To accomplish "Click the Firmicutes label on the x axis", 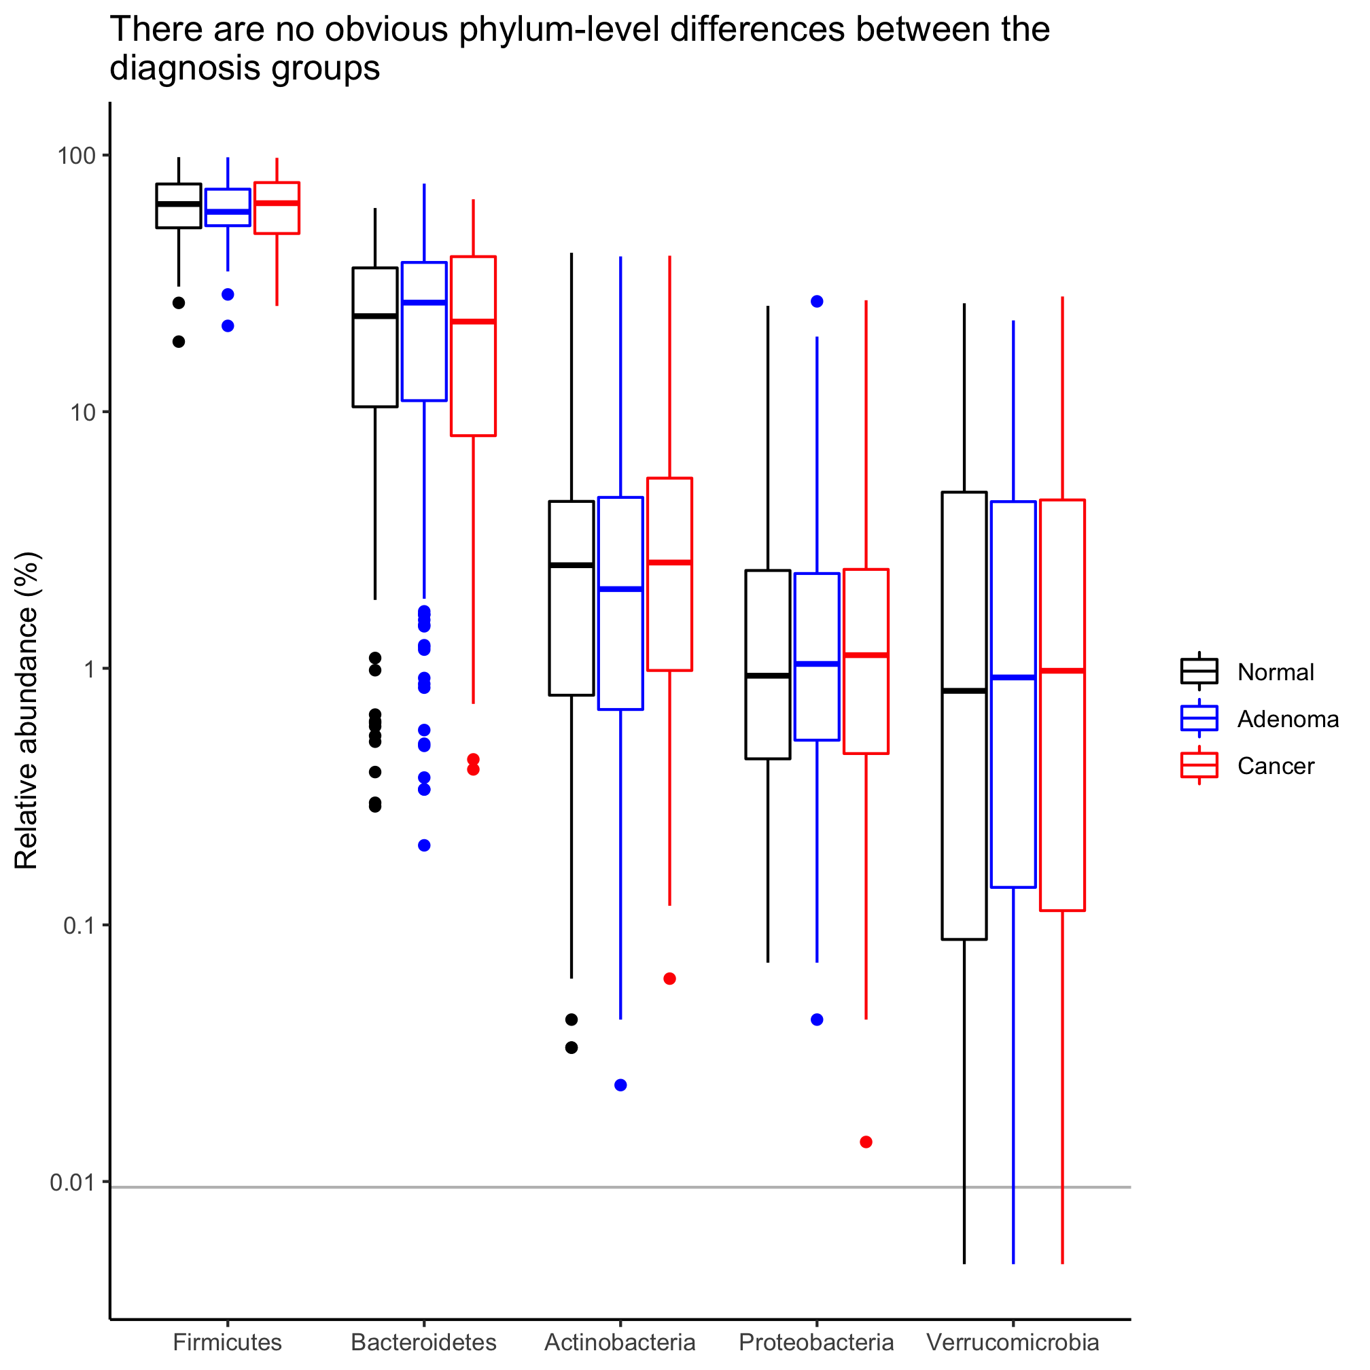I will point(227,1342).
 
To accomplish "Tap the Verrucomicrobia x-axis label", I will point(1013,1342).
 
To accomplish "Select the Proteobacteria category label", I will point(816,1342).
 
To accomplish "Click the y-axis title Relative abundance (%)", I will point(27,711).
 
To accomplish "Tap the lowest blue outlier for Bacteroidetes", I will point(424,845).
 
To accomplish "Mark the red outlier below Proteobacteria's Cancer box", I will point(866,1142).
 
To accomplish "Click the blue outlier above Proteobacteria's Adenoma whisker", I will point(817,301).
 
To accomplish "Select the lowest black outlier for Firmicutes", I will point(179,342).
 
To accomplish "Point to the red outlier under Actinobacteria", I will point(669,979).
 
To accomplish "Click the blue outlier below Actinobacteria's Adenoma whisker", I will point(620,1085).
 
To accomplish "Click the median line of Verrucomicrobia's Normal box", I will point(964,690).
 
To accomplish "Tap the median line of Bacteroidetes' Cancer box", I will point(473,322).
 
